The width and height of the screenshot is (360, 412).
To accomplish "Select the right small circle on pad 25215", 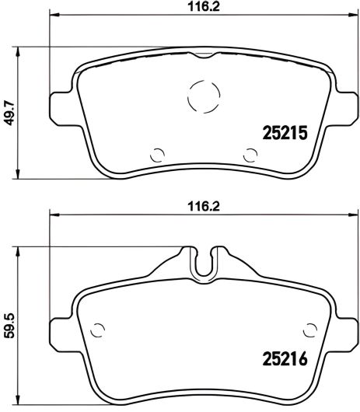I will (250, 153).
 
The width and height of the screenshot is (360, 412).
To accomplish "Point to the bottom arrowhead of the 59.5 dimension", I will (19, 393).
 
